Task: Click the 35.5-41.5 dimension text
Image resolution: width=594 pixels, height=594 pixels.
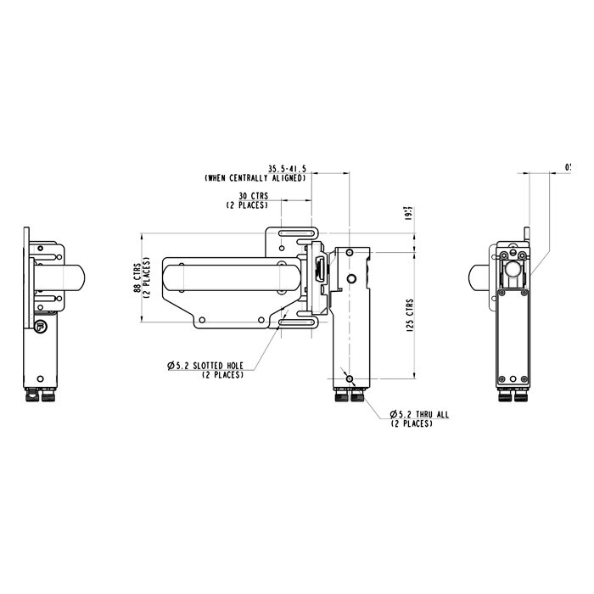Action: point(289,169)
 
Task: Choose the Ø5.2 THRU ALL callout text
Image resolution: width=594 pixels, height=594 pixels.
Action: point(420,414)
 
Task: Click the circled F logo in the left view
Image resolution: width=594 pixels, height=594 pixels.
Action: point(40,325)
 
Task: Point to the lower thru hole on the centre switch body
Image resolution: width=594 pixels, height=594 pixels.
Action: point(349,378)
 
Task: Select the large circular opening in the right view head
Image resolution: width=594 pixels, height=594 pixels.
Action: point(514,274)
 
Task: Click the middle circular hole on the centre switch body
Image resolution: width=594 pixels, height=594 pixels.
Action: point(350,279)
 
